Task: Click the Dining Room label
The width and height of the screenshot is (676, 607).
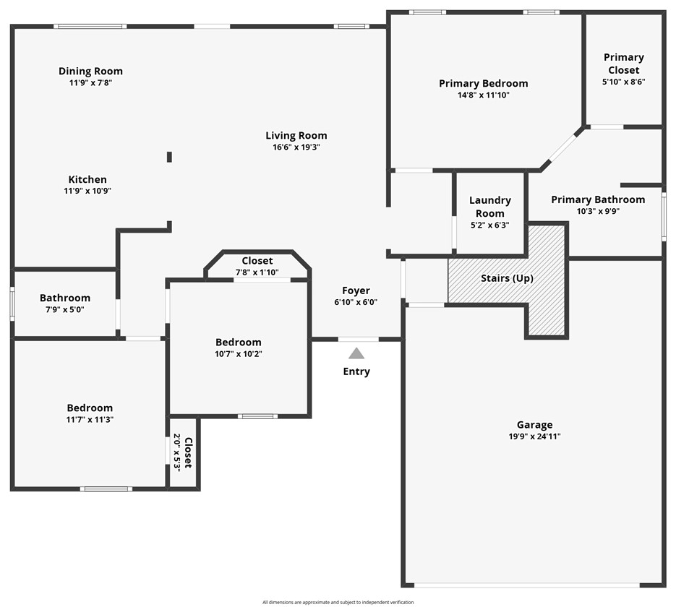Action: point(90,71)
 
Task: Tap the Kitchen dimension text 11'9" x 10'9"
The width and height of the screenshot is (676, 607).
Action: point(87,191)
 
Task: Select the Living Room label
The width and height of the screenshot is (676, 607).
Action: point(296,135)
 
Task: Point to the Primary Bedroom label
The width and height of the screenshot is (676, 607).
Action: point(483,83)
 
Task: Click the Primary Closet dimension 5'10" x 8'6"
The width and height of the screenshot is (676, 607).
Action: point(623,82)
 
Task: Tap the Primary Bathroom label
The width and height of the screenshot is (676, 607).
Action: point(597,199)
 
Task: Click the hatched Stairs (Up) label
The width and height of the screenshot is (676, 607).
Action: point(507,278)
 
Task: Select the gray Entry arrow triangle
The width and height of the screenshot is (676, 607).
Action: point(356,353)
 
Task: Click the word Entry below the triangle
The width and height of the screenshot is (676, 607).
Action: point(356,371)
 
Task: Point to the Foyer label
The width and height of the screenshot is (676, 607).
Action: point(356,290)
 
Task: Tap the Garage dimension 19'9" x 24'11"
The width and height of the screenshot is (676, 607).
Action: point(534,436)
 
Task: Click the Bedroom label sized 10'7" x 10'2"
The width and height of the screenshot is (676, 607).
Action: point(238,342)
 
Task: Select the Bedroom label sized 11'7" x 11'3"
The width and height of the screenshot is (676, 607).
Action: point(90,408)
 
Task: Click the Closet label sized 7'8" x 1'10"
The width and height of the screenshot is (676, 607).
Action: point(257,261)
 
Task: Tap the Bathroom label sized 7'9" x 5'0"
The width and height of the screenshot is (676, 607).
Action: point(65,298)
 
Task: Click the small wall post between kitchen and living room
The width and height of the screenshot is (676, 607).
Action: point(169,157)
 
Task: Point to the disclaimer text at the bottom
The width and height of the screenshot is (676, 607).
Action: point(338,602)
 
